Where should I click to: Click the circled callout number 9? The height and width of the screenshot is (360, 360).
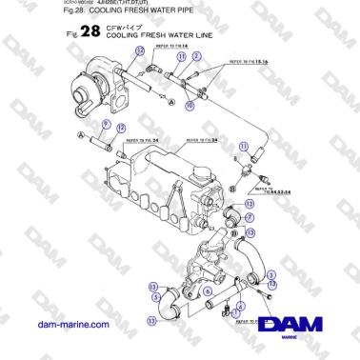[106, 126]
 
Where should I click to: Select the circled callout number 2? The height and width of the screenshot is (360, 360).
[196, 56]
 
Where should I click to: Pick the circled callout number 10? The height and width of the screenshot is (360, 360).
[190, 106]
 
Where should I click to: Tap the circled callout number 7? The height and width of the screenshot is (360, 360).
[250, 217]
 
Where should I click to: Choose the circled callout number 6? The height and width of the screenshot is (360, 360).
[208, 277]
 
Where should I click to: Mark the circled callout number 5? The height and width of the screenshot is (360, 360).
[156, 296]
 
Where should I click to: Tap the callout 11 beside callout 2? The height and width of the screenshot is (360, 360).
[181, 56]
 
